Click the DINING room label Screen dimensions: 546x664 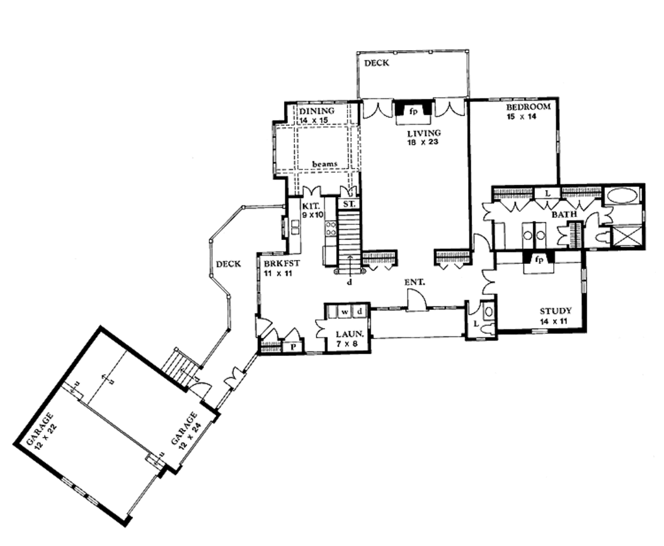pos(316,112)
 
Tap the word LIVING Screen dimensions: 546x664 pos(424,133)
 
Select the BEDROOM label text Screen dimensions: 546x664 pos(528,107)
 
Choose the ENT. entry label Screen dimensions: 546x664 pos(415,282)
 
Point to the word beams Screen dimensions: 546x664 pos(324,164)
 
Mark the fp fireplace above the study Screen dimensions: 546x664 pos(538,259)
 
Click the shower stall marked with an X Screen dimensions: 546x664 pos(627,234)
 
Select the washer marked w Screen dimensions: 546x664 pos(346,313)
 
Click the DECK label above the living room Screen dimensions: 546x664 pos(376,64)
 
